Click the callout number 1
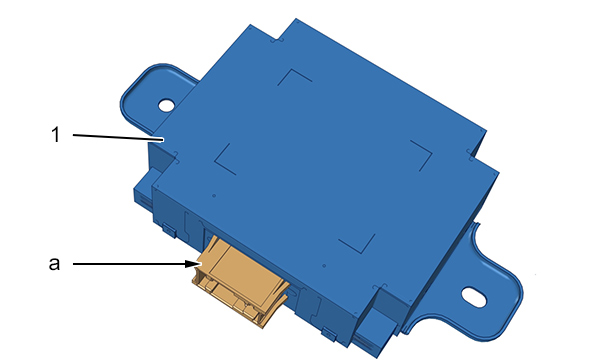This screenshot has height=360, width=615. tap(56, 135)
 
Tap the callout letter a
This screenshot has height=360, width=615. tap(55, 263)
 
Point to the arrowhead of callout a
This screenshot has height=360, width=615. tap(193, 264)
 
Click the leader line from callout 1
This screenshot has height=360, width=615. tap(118, 137)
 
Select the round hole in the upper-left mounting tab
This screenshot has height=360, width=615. tap(166, 105)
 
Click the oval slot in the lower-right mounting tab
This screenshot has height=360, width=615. tap(474, 296)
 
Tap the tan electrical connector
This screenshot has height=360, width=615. tap(240, 280)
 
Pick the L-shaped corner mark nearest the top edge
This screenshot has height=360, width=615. tap(294, 77)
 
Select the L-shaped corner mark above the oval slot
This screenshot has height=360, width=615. tap(422, 155)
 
